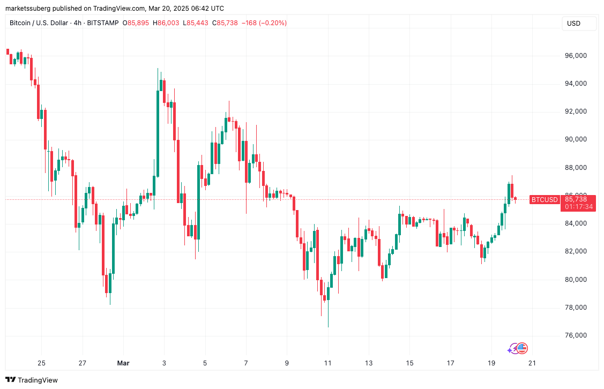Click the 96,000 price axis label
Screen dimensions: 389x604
576,56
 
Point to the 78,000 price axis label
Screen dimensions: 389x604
576,308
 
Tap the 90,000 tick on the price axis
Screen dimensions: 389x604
576,139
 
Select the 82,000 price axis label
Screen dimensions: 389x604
576,251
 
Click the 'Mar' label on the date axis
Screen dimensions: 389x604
123,363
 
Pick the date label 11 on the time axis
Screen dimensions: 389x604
327,363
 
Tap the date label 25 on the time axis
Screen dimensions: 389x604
42,363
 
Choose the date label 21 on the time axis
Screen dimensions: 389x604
532,363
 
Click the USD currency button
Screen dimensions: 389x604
573,24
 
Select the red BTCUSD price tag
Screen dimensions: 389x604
544,199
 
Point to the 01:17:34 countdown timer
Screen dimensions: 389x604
578,207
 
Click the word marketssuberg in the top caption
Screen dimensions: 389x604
27,9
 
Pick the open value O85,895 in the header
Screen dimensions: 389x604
137,23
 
